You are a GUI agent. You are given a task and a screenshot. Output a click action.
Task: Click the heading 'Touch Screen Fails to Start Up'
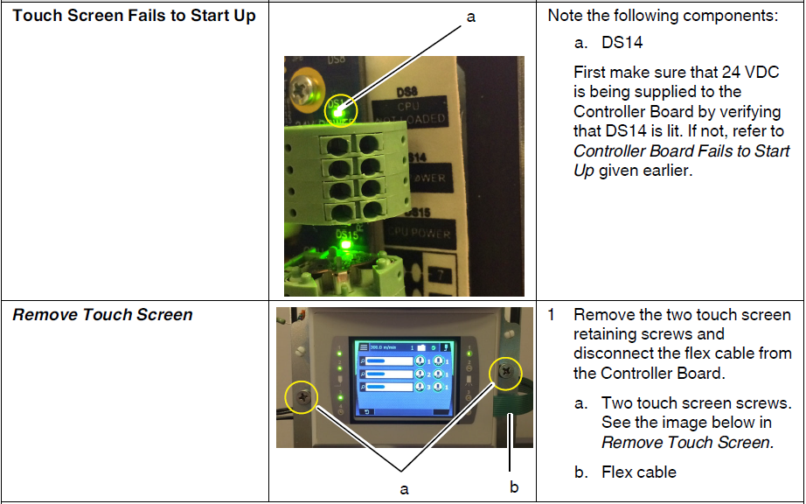pyautogui.click(x=135, y=16)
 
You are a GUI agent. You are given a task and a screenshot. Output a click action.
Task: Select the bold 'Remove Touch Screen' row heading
pyautogui.click(x=102, y=315)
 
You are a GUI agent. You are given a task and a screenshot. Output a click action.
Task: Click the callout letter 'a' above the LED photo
pyautogui.click(x=471, y=17)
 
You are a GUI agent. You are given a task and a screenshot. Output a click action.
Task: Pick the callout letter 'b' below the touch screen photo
pyautogui.click(x=514, y=487)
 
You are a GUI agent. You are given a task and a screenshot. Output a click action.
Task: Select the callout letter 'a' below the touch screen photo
pyautogui.click(x=404, y=489)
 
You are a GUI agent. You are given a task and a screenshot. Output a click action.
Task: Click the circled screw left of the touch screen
pyautogui.click(x=302, y=398)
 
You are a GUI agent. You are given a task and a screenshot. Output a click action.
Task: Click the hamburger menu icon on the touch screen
pyautogui.click(x=363, y=348)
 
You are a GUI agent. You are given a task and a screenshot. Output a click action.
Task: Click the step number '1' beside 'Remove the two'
pyautogui.click(x=552, y=314)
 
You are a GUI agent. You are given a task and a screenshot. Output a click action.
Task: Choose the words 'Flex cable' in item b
pyautogui.click(x=639, y=472)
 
